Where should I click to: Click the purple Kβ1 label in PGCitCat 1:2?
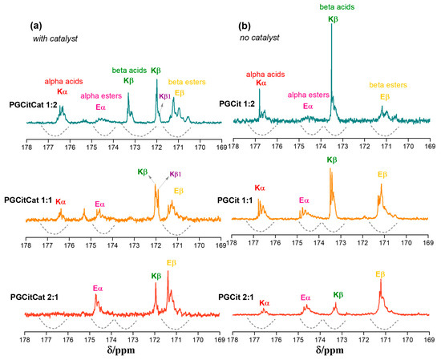click(x=165, y=96)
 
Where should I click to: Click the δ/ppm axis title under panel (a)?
click(x=121, y=351)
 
